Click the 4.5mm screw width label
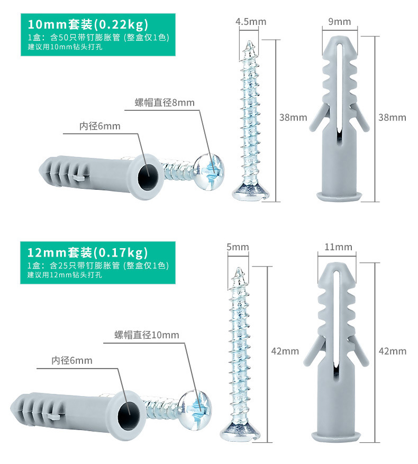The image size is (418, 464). click(x=251, y=22)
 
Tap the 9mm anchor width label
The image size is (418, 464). click(x=339, y=22)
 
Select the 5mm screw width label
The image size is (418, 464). click(x=237, y=247)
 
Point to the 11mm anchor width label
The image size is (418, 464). click(x=339, y=247)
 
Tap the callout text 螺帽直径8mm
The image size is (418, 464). click(x=165, y=102)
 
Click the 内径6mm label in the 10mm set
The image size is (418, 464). click(x=99, y=126)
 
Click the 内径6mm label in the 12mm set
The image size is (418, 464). click(x=71, y=361)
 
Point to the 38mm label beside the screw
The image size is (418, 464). click(x=293, y=118)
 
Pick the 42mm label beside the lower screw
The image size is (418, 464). click(x=285, y=351)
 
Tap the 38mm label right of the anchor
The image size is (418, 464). click(x=392, y=118)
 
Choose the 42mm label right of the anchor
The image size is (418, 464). click(x=393, y=351)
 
